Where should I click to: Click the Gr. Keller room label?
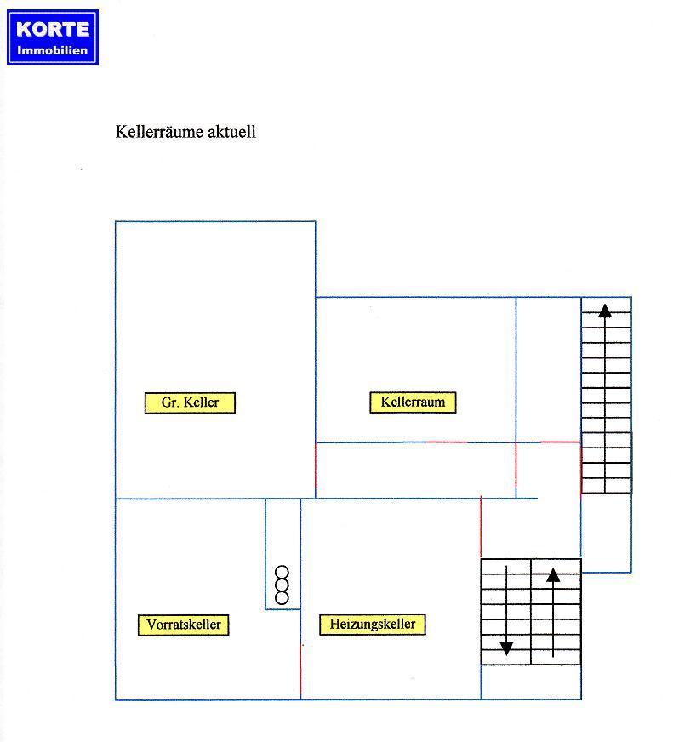(190, 402)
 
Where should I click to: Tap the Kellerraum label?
(413, 402)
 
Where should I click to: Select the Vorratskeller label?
(184, 625)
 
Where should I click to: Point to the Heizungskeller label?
(373, 625)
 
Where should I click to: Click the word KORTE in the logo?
(53, 29)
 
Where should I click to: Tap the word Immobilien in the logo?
(53, 50)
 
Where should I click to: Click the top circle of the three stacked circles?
(282, 572)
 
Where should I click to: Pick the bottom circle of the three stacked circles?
(282, 598)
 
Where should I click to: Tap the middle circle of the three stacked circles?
(282, 585)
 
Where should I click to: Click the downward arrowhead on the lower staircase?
(506, 648)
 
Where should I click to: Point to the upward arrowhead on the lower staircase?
(553, 575)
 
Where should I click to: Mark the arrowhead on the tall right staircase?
(605, 311)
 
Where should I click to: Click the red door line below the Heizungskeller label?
(300, 672)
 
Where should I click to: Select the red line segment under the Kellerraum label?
(447, 442)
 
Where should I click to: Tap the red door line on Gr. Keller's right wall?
(316, 471)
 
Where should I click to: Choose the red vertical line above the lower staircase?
(481, 527)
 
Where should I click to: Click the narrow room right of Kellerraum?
(549, 370)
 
